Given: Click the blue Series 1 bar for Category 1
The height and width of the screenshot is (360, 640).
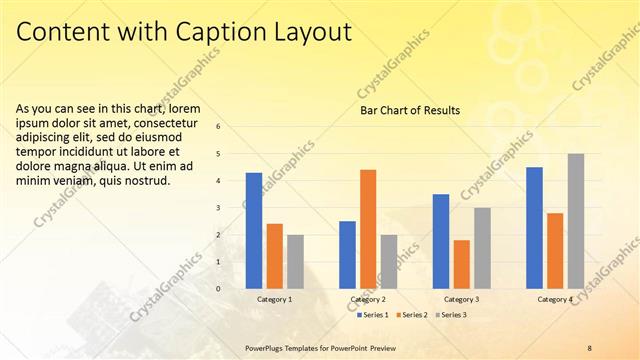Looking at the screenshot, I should coord(254,231).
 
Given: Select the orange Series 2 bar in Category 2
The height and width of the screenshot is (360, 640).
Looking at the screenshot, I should coord(368,229).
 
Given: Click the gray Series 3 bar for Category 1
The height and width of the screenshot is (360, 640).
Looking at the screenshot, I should coord(295,262).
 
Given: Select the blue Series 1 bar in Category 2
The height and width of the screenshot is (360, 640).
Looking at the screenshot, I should coord(347,255).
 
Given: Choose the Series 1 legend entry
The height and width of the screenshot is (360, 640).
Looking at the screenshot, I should coord(372,315).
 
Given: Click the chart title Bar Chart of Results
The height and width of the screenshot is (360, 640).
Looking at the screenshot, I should coord(410,110).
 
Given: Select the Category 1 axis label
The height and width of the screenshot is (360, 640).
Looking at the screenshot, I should coord(275,299).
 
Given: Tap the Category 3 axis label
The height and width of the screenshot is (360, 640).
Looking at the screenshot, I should coord(461,299).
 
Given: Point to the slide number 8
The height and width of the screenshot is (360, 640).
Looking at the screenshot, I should coord(589,347).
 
